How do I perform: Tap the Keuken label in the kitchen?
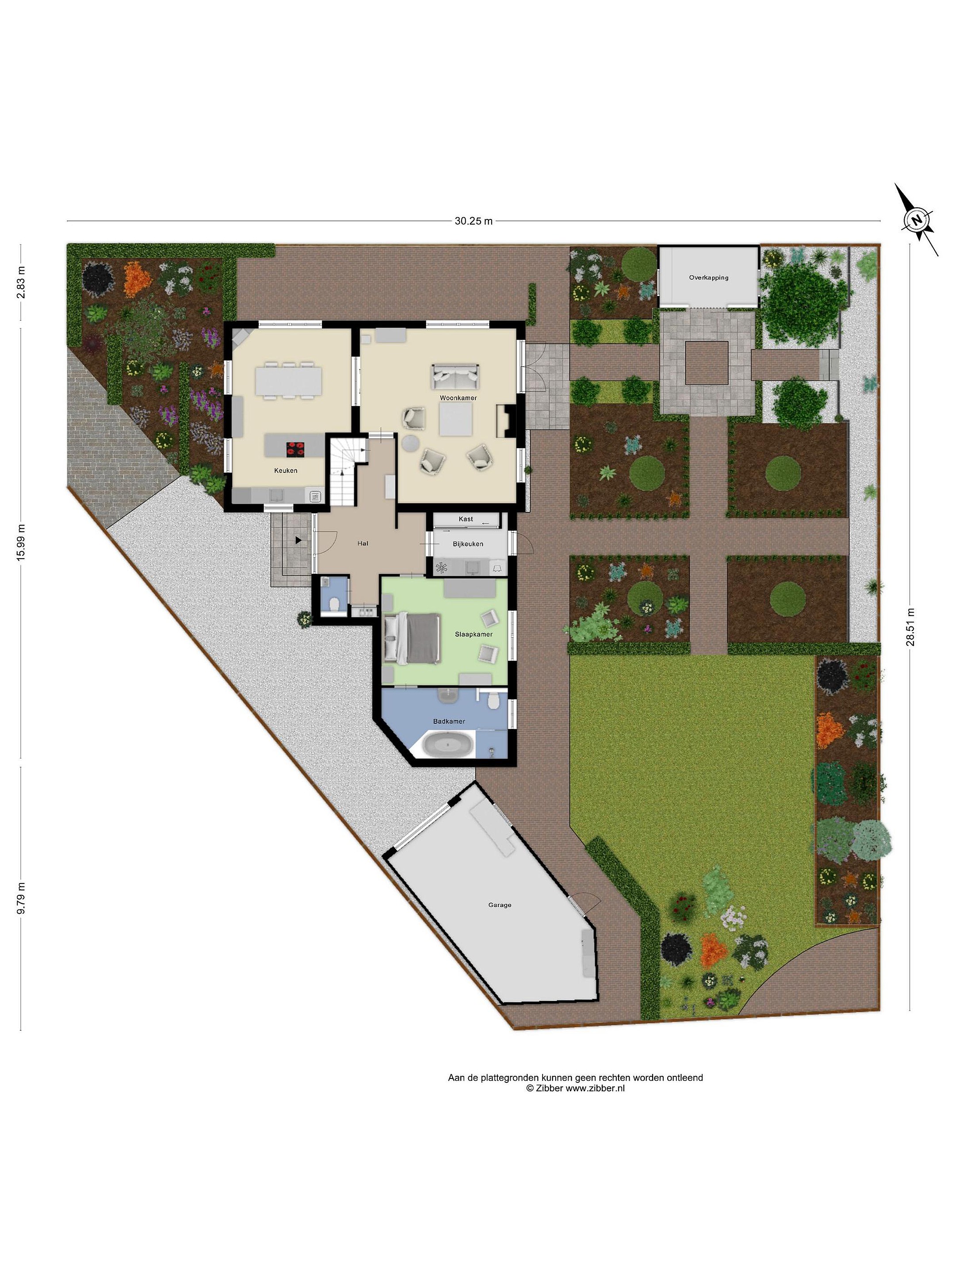tap(286, 471)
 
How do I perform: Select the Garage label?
tap(500, 905)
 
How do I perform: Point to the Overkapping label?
tap(709, 278)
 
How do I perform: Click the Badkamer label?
tap(449, 721)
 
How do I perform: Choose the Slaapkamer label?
tap(474, 634)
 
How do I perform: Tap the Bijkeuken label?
tap(468, 544)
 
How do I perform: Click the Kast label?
tap(466, 519)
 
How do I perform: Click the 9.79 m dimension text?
tap(21, 898)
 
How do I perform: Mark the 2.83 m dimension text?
tap(21, 282)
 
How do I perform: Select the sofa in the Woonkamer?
tap(455, 376)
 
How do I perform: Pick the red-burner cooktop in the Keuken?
tap(296, 448)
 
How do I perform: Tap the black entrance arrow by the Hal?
tap(298, 540)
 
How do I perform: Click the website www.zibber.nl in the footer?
tap(595, 1088)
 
